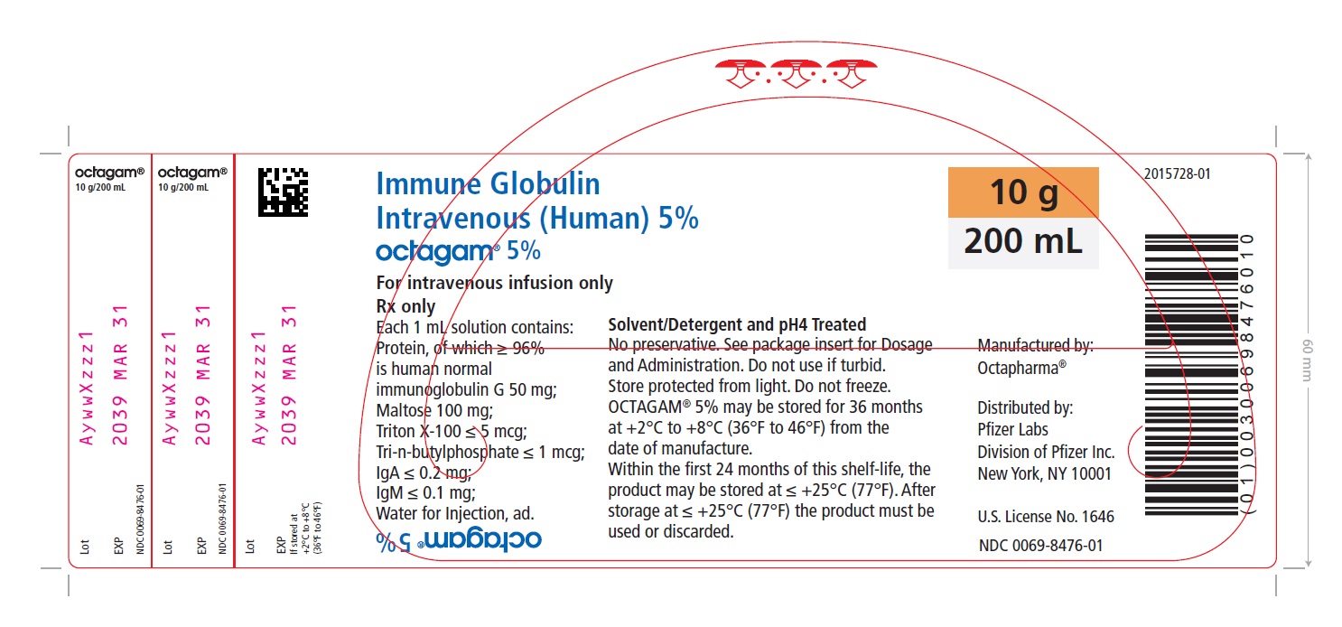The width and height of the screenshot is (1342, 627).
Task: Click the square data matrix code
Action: [x=283, y=192]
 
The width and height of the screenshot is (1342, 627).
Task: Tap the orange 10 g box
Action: [x=1023, y=192]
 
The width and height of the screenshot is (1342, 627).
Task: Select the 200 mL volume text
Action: [x=1023, y=241]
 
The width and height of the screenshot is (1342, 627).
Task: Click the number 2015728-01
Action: [x=1178, y=173]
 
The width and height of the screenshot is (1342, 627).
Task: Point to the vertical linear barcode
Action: [x=1191, y=375]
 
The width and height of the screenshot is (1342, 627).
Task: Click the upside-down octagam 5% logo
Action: [x=458, y=540]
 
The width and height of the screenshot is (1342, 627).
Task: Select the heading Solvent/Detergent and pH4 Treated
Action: [x=737, y=325]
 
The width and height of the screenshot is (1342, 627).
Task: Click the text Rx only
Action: [x=405, y=306]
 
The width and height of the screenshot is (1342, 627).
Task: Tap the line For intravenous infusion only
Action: [x=494, y=283]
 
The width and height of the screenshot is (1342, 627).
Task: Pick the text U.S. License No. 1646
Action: [x=1046, y=517]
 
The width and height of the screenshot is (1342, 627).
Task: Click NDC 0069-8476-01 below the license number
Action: [x=1040, y=546]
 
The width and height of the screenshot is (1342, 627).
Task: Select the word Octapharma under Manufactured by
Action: [x=1021, y=368]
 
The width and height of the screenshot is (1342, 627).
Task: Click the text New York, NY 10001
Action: [x=1044, y=474]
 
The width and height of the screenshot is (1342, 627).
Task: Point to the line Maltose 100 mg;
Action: [x=434, y=410]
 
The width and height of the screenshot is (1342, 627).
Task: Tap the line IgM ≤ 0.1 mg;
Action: [x=425, y=492]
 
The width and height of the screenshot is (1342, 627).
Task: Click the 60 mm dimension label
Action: [x=1308, y=360]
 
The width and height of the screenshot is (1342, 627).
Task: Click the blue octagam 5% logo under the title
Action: [x=458, y=252]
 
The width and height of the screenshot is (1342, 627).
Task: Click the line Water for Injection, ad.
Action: [x=455, y=514]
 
